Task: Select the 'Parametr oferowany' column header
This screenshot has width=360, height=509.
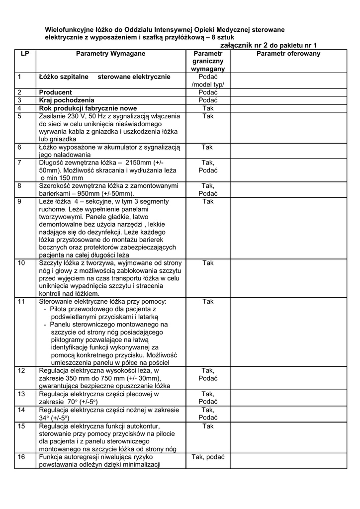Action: point(288,53)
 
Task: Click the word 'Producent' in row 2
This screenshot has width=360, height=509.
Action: point(55,92)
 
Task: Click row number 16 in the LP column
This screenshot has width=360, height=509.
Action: point(21,457)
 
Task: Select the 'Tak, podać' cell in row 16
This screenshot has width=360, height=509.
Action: point(208,457)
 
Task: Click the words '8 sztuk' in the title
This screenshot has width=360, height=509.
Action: point(220,37)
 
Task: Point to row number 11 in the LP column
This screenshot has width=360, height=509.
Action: point(21,302)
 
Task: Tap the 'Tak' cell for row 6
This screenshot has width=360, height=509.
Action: point(208,147)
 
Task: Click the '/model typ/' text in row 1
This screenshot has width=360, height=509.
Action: point(208,85)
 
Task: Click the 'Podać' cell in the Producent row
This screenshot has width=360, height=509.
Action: point(208,92)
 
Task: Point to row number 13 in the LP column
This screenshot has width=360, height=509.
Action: point(21,394)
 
